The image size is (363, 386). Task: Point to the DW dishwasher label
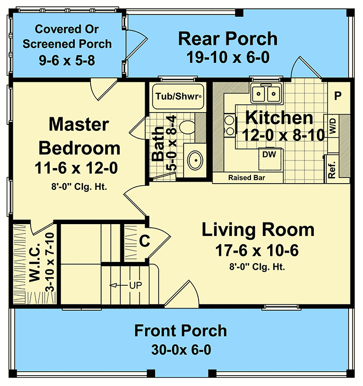point(268,154)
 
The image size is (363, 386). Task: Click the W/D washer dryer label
point(332,128)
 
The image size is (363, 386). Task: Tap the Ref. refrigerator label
point(332,168)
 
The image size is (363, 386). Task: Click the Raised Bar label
point(248,178)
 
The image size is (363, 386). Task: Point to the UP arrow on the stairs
point(130,285)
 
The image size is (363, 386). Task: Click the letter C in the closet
point(145,241)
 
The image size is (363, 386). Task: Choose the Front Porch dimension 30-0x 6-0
point(180,349)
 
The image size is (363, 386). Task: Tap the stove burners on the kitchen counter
point(229,128)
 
